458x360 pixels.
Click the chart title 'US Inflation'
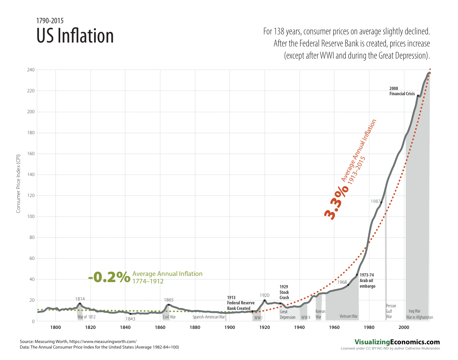pyautogui.click(x=75, y=36)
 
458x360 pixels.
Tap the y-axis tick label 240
pyautogui.click(x=31, y=70)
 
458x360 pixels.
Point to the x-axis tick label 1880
pyautogui.click(x=195, y=327)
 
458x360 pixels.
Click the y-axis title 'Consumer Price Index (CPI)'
pyautogui.click(x=18, y=183)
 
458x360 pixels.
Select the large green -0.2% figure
pyautogui.click(x=109, y=277)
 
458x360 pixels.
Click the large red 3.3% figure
pyautogui.click(x=336, y=203)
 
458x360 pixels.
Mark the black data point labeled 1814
pyautogui.click(x=80, y=304)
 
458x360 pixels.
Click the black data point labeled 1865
pyautogui.click(x=169, y=305)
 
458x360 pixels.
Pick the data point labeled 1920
pyautogui.click(x=264, y=300)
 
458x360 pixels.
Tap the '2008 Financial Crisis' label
pyautogui.click(x=402, y=91)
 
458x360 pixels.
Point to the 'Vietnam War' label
pyautogui.click(x=348, y=316)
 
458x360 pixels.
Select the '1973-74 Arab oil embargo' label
pyautogui.click(x=367, y=280)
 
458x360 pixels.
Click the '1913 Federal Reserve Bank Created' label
pyautogui.click(x=240, y=303)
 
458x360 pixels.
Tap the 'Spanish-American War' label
pyautogui.click(x=209, y=317)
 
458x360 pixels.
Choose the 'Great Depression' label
pyautogui.click(x=288, y=315)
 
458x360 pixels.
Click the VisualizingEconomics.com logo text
pyautogui.click(x=397, y=342)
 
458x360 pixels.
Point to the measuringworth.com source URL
pyautogui.click(x=103, y=341)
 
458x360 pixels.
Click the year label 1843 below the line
pyautogui.click(x=130, y=319)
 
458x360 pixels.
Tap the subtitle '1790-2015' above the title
pyautogui.click(x=50, y=21)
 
